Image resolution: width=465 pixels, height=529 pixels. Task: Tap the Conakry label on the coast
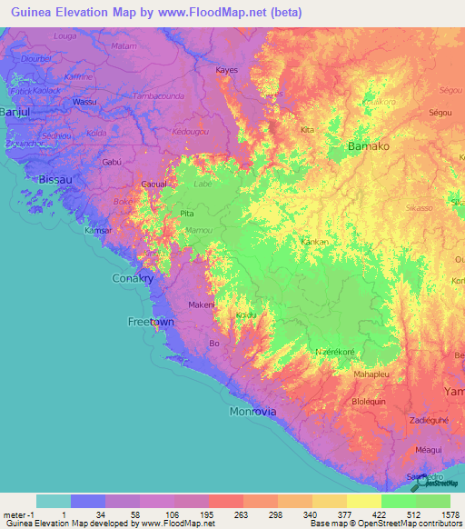[x=132, y=278]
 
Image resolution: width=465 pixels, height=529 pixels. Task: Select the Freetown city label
[x=150, y=322]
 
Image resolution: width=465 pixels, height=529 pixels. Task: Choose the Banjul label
[x=15, y=112]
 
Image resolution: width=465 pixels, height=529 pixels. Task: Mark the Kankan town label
[x=314, y=243]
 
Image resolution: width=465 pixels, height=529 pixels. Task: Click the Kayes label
[x=226, y=70]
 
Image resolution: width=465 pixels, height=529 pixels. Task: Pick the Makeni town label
[x=200, y=305]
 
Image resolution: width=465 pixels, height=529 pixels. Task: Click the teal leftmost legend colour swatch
[x=53, y=501]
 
